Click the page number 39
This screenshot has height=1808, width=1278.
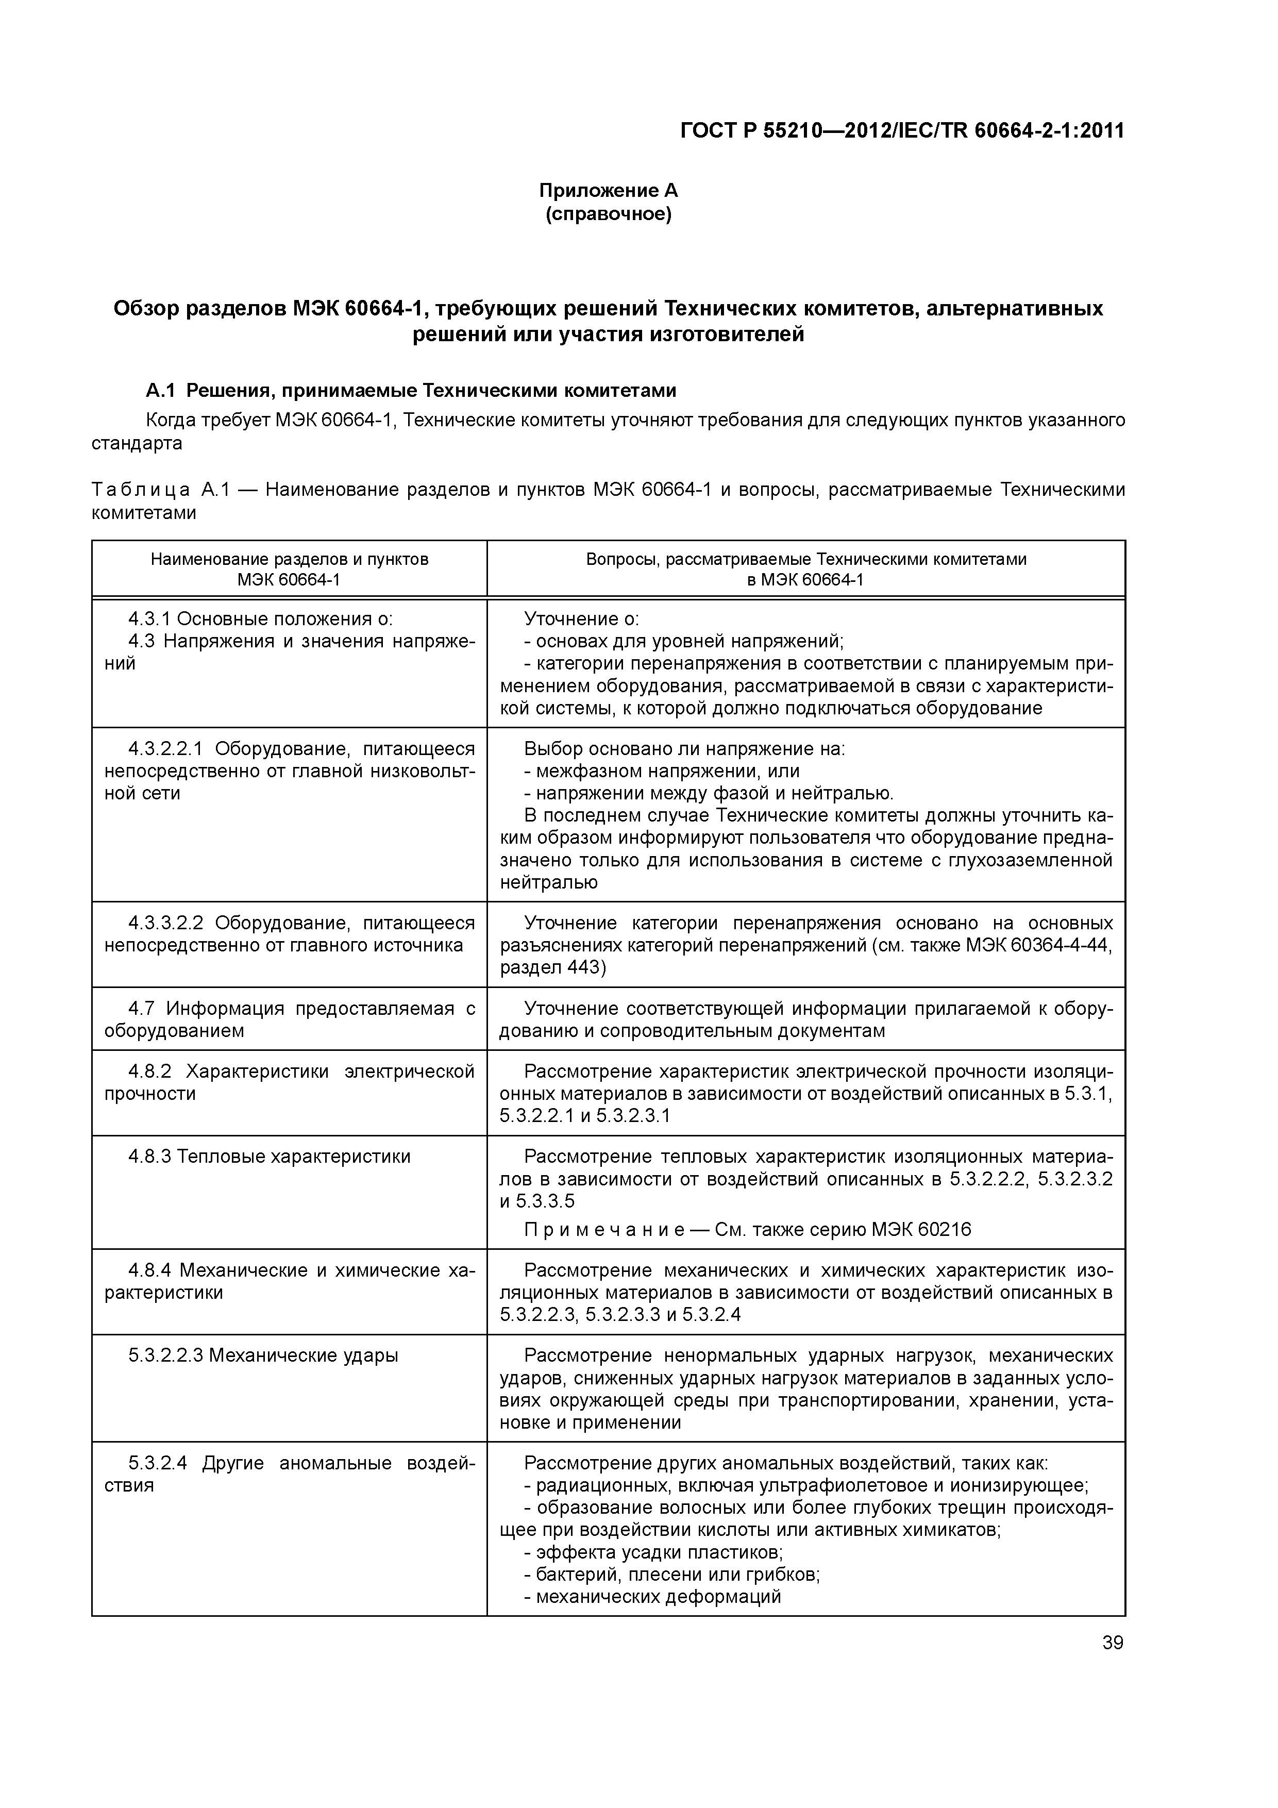click(x=1113, y=1643)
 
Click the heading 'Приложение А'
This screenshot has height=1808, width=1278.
click(x=608, y=191)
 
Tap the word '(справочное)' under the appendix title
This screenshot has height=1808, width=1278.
click(x=608, y=214)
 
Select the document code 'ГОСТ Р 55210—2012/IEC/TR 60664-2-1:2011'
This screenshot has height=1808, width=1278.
click(x=902, y=131)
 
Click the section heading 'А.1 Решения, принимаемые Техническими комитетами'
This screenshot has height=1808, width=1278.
click(x=411, y=391)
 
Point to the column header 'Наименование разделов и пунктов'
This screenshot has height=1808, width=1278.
click(x=289, y=559)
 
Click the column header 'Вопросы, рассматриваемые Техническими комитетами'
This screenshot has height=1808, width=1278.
click(x=805, y=559)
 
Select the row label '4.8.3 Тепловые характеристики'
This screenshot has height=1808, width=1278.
click(x=270, y=1156)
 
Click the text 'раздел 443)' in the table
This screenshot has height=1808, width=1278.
click(x=553, y=967)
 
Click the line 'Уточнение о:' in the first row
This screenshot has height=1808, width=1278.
click(x=581, y=619)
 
